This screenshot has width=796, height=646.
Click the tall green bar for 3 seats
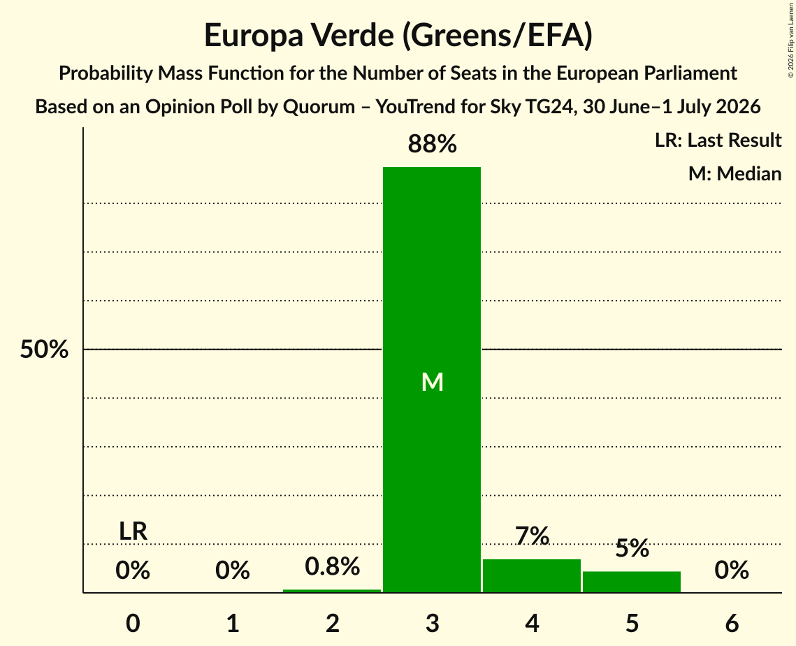pyautogui.click(x=432, y=380)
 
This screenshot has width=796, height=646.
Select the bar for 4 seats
pyautogui.click(x=532, y=575)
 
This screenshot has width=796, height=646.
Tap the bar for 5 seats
pyautogui.click(x=632, y=582)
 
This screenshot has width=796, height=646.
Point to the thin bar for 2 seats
pyautogui.click(x=332, y=591)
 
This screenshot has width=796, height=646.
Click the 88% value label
pyautogui.click(x=432, y=144)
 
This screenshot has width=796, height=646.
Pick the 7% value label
pyautogui.click(x=532, y=536)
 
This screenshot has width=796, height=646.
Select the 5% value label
pyautogui.click(x=632, y=549)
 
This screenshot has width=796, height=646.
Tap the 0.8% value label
pyautogui.click(x=333, y=566)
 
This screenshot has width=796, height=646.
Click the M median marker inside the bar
pyautogui.click(x=433, y=382)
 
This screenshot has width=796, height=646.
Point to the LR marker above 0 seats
pyautogui.click(x=133, y=532)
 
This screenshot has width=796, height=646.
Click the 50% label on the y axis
pyautogui.click(x=44, y=350)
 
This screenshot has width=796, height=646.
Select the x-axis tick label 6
pyautogui.click(x=732, y=624)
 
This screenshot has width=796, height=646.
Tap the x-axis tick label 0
pyautogui.click(x=133, y=624)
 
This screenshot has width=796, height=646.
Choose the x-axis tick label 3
pyautogui.click(x=432, y=624)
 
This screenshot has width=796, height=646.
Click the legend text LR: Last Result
pyautogui.click(x=718, y=140)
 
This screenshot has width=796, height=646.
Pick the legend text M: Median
pyautogui.click(x=735, y=173)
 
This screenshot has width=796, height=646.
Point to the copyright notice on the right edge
pyautogui.click(x=790, y=40)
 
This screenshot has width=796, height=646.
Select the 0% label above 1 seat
pyautogui.click(x=233, y=570)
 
